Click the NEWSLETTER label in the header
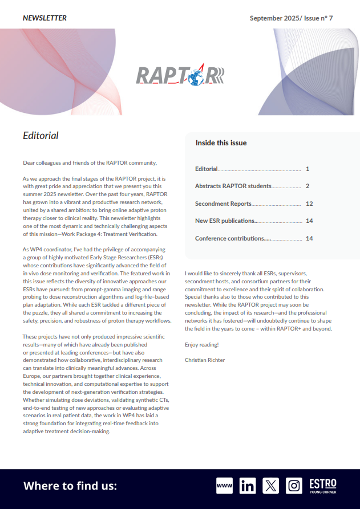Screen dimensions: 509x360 pyautogui.click(x=45, y=18)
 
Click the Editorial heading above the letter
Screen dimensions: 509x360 pyautogui.click(x=41, y=136)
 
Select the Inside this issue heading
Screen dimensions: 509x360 pyautogui.click(x=221, y=143)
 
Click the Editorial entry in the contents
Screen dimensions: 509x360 pyautogui.click(x=207, y=169)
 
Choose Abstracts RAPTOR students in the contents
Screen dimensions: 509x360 pyautogui.click(x=232, y=186)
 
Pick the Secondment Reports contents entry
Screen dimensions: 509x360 pyautogui.click(x=223, y=203)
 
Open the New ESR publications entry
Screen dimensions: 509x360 pyautogui.click(x=225, y=221)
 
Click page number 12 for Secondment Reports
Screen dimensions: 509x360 pyautogui.click(x=309, y=203)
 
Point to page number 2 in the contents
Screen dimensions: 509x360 pyautogui.click(x=307, y=186)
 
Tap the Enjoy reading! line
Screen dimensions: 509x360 pyautogui.click(x=202, y=345)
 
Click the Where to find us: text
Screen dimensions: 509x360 pyautogui.click(x=70, y=486)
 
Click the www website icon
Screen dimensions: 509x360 pyautogui.click(x=225, y=486)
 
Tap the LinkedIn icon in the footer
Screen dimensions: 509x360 pyautogui.click(x=248, y=486)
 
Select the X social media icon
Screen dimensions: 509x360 pyautogui.click(x=270, y=486)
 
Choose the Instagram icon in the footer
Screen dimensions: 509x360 pyautogui.click(x=294, y=486)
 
